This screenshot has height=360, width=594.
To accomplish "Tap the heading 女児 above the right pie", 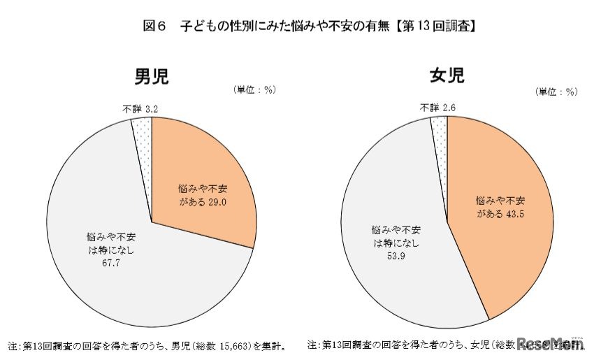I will click(x=447, y=75).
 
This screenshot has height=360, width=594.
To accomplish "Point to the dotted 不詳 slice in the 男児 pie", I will click(x=142, y=133).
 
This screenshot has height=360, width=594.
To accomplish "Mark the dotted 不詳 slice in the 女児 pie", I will click(x=440, y=130).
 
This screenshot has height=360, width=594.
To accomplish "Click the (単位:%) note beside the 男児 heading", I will click(x=254, y=89).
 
